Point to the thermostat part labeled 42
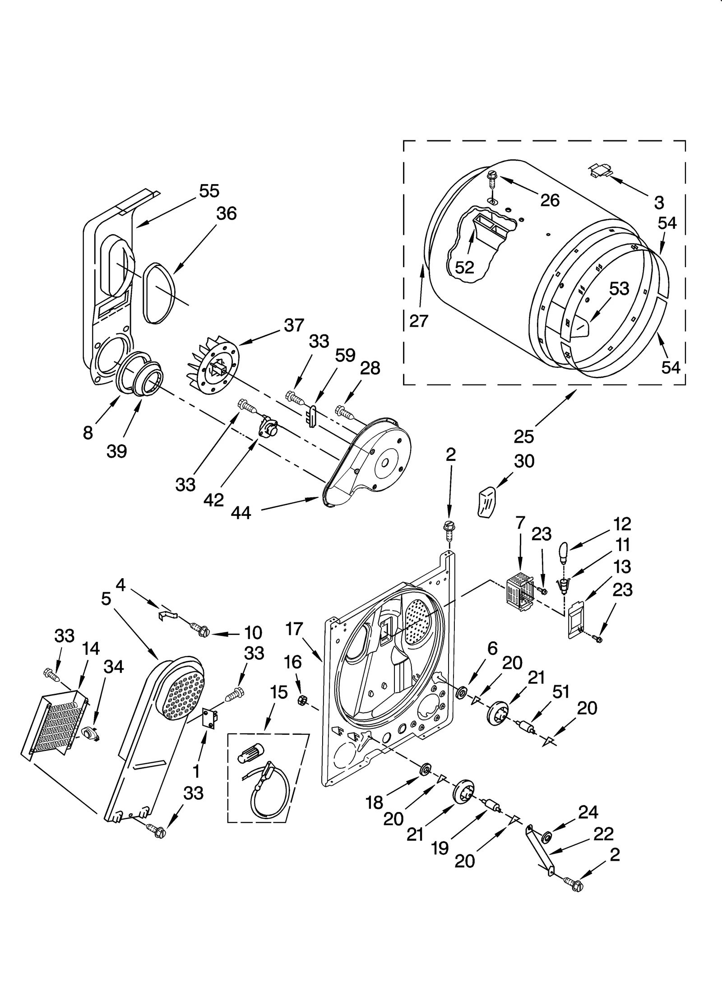(267, 427)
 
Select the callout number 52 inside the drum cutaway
(464, 267)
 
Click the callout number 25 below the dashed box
(523, 436)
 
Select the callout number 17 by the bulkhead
(294, 629)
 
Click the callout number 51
(561, 692)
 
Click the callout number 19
(440, 849)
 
